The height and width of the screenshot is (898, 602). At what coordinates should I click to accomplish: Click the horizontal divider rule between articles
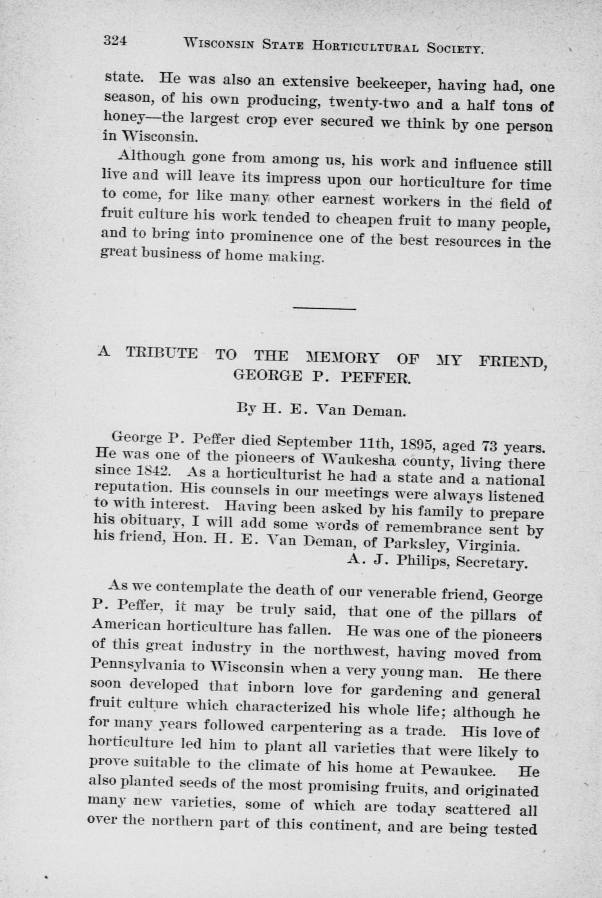324,308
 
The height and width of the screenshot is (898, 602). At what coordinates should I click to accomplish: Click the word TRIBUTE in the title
161,354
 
